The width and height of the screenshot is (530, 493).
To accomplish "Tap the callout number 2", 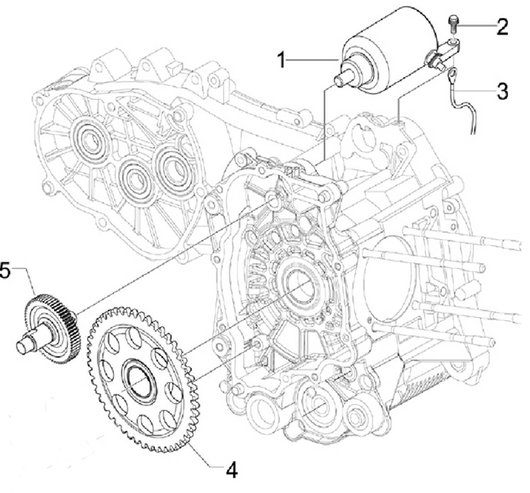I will pyautogui.click(x=502, y=28).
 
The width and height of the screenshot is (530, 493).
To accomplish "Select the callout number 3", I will pyautogui.click(x=502, y=92).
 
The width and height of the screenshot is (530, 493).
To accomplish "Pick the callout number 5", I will pyautogui.click(x=5, y=270).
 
